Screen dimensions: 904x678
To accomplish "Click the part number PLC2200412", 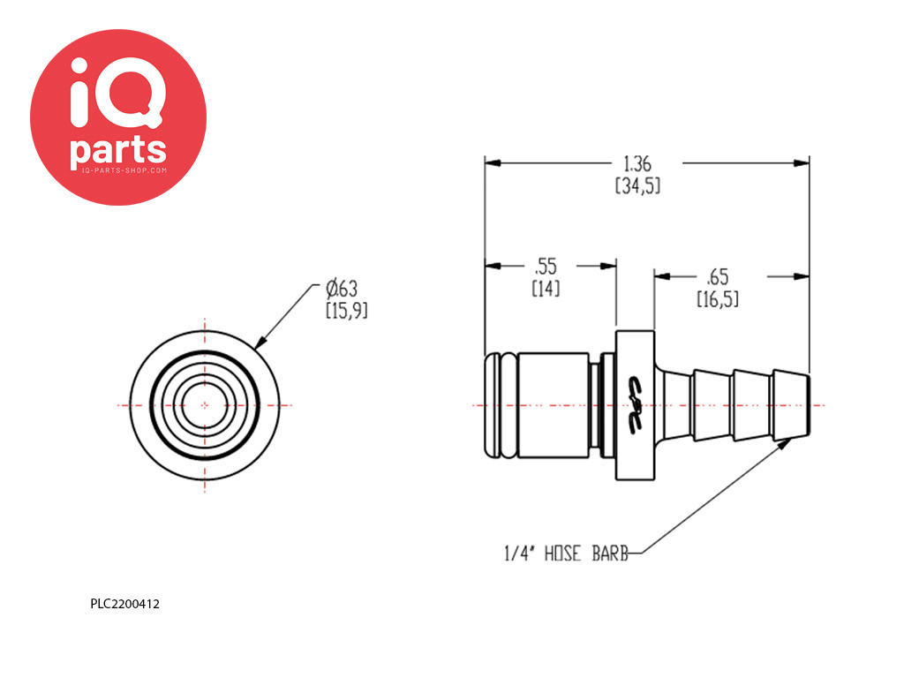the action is pos(124,604).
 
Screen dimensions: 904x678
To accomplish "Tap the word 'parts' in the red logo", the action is pos(118,150).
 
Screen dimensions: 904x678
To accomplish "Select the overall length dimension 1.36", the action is pos(637,164).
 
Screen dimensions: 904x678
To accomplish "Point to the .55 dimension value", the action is pos(546,267).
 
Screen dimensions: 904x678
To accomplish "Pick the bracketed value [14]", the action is pos(546,289).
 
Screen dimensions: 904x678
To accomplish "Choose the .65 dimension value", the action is pos(717,277).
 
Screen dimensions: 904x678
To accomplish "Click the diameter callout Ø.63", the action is pos(342,288).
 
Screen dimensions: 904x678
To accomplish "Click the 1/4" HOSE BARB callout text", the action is pos(566,554).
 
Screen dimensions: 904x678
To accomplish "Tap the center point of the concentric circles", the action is pos(205,405).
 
